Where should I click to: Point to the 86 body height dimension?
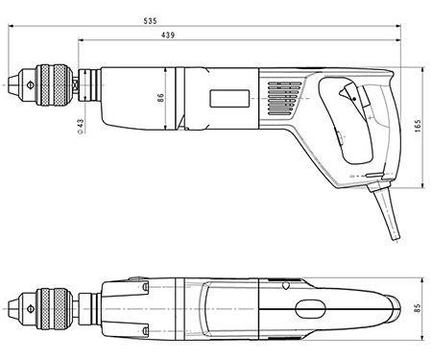(x=161, y=97)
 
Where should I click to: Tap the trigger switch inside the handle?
(x=351, y=97)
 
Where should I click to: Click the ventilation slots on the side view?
(x=283, y=97)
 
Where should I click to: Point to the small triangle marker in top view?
(x=285, y=285)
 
